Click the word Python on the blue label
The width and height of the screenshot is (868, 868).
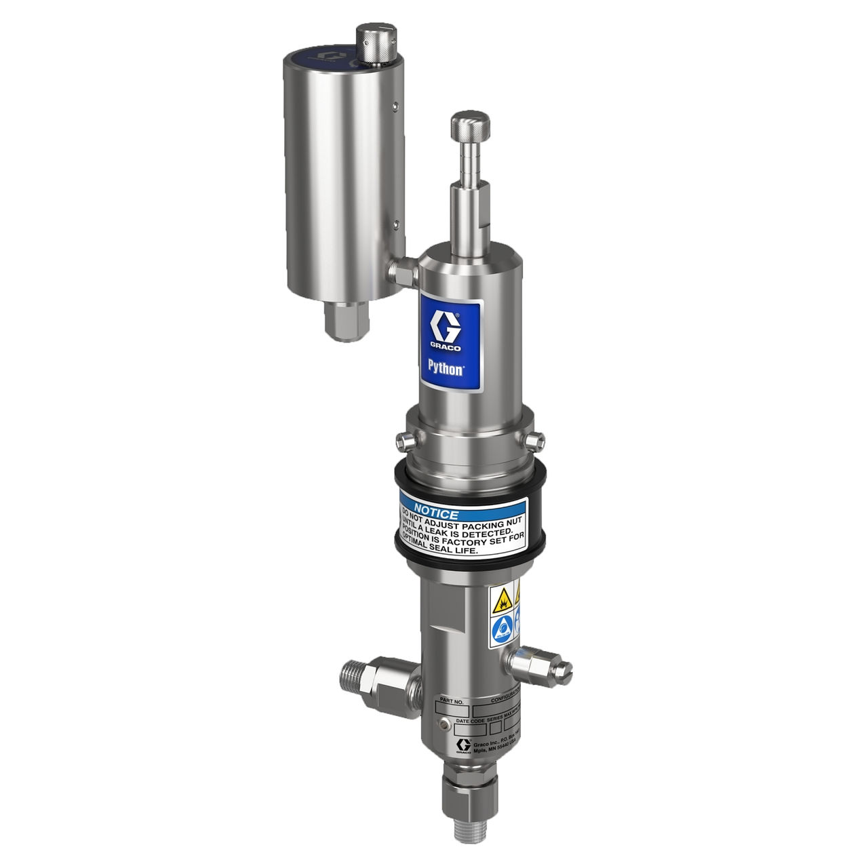446,368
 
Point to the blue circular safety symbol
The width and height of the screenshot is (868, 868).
501,627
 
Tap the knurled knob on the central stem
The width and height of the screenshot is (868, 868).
469,125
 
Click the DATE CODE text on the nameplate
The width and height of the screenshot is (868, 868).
472,722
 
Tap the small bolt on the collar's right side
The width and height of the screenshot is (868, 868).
536,441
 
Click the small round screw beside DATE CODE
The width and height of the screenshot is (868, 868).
443,725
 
